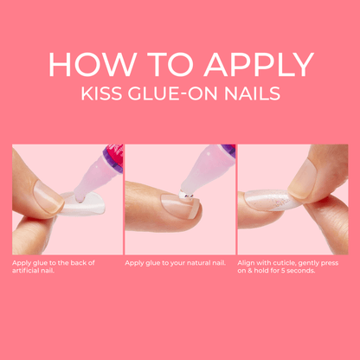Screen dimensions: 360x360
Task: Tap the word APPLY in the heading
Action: pos(259,65)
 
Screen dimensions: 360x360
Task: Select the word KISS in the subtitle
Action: pos(101,93)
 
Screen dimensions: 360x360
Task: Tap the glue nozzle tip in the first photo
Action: pos(80,197)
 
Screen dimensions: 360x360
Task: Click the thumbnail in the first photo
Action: pos(48,199)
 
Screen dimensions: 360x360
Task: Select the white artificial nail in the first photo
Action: pos(81,204)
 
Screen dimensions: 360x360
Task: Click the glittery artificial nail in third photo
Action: pos(267,200)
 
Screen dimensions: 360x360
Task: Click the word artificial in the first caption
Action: pos(26,271)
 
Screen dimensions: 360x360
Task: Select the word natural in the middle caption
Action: pos(198,263)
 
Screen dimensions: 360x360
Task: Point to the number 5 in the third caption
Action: pos(283,271)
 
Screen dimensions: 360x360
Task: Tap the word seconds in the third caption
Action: pos(301,271)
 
